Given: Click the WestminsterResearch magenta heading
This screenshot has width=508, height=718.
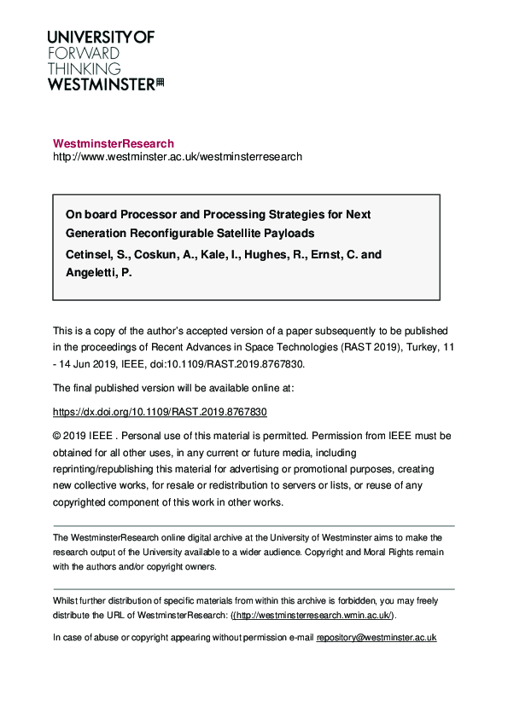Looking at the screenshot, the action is [114, 143].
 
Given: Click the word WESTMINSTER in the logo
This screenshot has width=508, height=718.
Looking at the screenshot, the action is [101, 84].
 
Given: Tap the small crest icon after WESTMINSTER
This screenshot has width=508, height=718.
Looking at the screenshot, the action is [160, 83].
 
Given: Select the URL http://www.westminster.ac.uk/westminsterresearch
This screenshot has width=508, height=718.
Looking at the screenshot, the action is [177, 157].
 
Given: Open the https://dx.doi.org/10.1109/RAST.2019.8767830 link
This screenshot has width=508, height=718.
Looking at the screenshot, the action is [160, 411].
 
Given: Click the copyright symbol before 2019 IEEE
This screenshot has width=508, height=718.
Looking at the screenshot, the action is [57, 435].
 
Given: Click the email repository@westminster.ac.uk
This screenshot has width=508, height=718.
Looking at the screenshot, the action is [377, 637].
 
